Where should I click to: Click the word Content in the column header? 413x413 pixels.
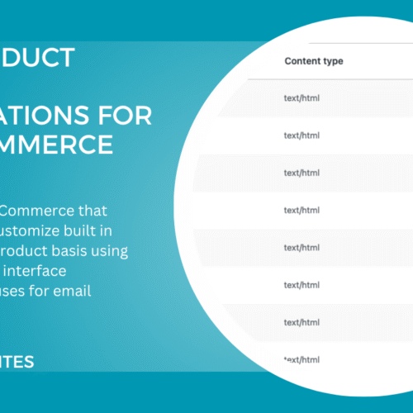click(303, 61)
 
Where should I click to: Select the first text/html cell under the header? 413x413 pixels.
click(301, 98)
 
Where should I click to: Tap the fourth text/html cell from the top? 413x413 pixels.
click(301, 210)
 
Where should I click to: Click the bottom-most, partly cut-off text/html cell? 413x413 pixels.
click(301, 359)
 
